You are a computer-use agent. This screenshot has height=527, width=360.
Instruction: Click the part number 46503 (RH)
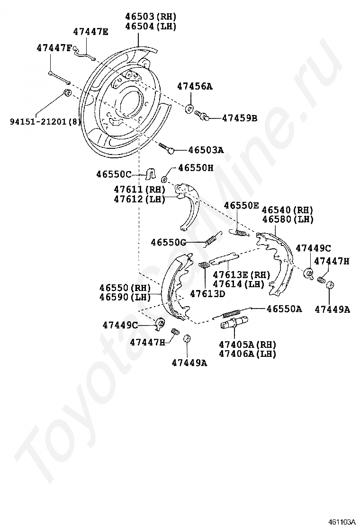151,17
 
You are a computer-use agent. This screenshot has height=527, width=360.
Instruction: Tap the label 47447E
90,32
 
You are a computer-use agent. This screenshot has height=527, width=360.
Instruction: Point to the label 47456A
195,86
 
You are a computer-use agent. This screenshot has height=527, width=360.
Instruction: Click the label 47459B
240,118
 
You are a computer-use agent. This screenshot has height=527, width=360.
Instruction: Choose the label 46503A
206,150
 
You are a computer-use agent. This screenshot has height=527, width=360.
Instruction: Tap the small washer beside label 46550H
165,179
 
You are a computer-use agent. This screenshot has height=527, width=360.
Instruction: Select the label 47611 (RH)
139,190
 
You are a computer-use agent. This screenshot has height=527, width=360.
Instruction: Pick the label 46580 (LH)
288,219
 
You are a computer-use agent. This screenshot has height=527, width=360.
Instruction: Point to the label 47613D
207,293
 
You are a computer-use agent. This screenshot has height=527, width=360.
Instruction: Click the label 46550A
284,309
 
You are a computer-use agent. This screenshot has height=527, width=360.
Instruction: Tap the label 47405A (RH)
247,344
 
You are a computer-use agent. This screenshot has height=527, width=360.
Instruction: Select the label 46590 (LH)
125,297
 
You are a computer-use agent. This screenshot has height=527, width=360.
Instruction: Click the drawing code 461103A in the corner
342,522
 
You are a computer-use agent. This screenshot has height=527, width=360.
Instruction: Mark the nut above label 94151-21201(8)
67,92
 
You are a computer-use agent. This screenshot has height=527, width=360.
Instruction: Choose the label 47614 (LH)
239,284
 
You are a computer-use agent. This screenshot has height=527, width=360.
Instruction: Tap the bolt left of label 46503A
166,148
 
